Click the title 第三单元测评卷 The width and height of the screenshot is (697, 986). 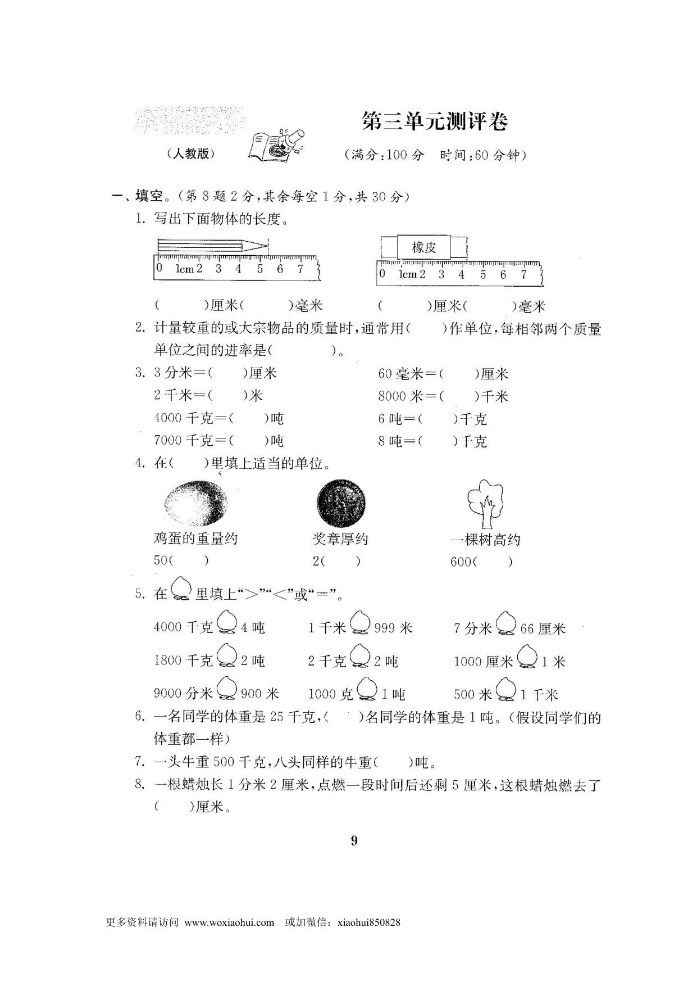[x=435, y=121]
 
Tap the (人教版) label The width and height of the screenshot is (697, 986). [x=191, y=153]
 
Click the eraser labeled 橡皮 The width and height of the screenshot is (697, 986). [x=423, y=247]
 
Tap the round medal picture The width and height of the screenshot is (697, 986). [x=341, y=502]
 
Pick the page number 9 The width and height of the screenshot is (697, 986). [x=354, y=840]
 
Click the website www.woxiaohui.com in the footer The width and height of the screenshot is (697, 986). [x=229, y=922]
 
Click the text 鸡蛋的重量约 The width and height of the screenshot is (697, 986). [x=195, y=539]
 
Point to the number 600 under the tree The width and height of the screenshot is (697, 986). [x=461, y=562]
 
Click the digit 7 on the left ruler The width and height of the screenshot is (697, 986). [x=300, y=269]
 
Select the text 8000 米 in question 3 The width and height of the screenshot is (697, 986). [x=400, y=396]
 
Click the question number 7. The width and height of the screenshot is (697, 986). [x=140, y=762]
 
